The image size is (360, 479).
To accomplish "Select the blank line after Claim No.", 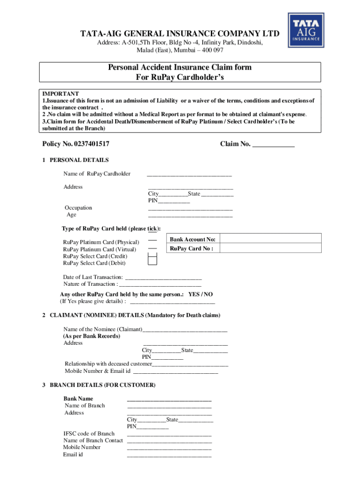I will click(273, 145).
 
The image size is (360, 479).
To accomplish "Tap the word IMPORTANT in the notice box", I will click(60, 94).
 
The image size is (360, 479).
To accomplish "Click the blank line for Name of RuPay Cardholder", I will click(189, 175).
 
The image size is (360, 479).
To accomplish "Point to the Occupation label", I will click(78, 208).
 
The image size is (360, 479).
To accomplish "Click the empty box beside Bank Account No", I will click(270, 239).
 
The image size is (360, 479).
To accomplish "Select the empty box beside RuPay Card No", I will click(270, 249).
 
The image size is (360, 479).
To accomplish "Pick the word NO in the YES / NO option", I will click(208, 294).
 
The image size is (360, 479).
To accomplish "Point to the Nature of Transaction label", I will click(89, 284).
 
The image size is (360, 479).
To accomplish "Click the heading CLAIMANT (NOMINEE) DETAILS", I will click(97, 315).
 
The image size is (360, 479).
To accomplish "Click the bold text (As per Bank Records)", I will click(91, 336).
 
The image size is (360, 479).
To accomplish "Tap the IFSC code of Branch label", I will click(89, 434).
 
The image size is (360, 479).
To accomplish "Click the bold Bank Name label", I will click(78, 399).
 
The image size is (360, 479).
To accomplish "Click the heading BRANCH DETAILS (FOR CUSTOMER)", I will click(102, 385).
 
